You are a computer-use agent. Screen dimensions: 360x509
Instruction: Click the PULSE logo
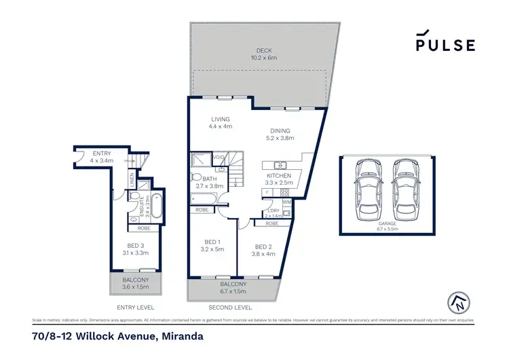[445, 42]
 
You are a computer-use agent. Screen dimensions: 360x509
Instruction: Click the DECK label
[264, 50]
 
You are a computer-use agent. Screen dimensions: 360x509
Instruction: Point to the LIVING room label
[220, 119]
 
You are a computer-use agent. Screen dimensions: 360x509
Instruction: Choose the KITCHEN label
[279, 175]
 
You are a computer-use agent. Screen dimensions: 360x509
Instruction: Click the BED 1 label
[212, 242]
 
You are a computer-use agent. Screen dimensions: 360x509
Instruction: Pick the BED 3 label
[136, 245]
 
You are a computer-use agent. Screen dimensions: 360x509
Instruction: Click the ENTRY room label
[101, 154]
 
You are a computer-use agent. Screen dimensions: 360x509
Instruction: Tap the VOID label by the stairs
[219, 157]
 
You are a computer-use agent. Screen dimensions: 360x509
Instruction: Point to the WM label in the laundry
[286, 202]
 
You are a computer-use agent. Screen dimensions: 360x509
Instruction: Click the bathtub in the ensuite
[155, 206]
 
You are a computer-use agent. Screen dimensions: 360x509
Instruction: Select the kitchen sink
[279, 165]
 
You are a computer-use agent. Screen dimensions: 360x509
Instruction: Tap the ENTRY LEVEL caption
[136, 306]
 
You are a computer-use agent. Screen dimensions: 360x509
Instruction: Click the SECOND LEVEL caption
[232, 306]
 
